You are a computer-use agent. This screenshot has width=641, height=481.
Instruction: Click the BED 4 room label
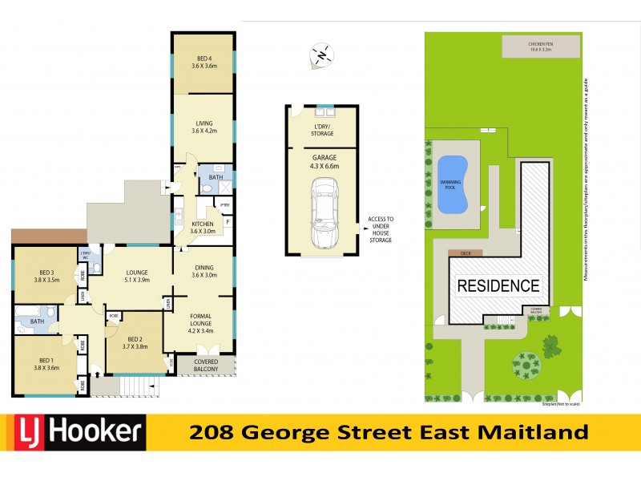click(x=204, y=61)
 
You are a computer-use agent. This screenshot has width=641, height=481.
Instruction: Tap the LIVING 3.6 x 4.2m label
click(x=204, y=127)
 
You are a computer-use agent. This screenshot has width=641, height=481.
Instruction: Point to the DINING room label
click(x=204, y=271)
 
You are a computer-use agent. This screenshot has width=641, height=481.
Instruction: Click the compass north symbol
click(x=322, y=55)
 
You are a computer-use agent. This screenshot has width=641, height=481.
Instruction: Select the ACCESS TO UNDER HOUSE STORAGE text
click(x=381, y=229)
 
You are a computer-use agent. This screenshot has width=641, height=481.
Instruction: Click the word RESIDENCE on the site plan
click(x=498, y=285)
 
